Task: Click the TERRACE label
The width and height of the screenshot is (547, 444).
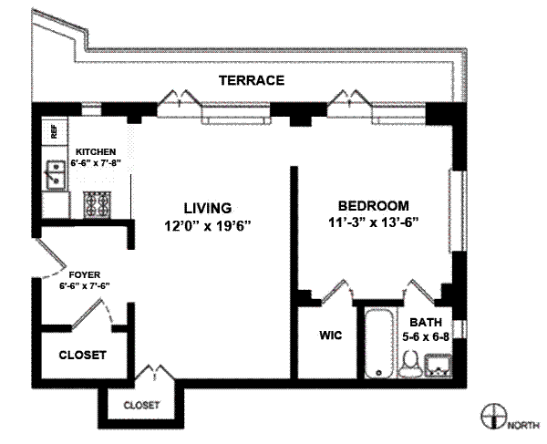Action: pyautogui.click(x=252, y=80)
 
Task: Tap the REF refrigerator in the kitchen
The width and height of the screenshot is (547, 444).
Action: pyautogui.click(x=54, y=132)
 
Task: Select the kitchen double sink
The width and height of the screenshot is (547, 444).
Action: pyautogui.click(x=55, y=175)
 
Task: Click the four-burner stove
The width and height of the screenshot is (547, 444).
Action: pyautogui.click(x=97, y=204)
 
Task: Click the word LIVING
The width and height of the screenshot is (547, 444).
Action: pyautogui.click(x=208, y=208)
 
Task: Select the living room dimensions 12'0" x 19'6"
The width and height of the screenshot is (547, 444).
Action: pyautogui.click(x=208, y=226)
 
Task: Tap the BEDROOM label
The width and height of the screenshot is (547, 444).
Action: pyautogui.click(x=373, y=206)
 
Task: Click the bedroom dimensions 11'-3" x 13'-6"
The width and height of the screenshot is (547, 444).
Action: pyautogui.click(x=373, y=222)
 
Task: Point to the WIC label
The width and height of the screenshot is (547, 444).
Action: pyautogui.click(x=330, y=336)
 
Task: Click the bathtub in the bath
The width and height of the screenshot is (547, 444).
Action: pyautogui.click(x=379, y=343)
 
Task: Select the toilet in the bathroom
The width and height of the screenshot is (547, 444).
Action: pyautogui.click(x=409, y=364)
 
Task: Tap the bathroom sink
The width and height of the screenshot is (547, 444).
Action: pyautogui.click(x=438, y=365)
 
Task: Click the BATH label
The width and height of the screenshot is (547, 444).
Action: pyautogui.click(x=426, y=322)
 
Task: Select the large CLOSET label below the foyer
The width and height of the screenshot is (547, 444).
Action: pyautogui.click(x=82, y=355)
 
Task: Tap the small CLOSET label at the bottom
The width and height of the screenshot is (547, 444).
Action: pyautogui.click(x=141, y=406)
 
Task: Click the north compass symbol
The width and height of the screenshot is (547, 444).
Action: pyautogui.click(x=494, y=417)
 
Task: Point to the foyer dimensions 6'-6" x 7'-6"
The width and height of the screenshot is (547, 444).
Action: pyautogui.click(x=85, y=286)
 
